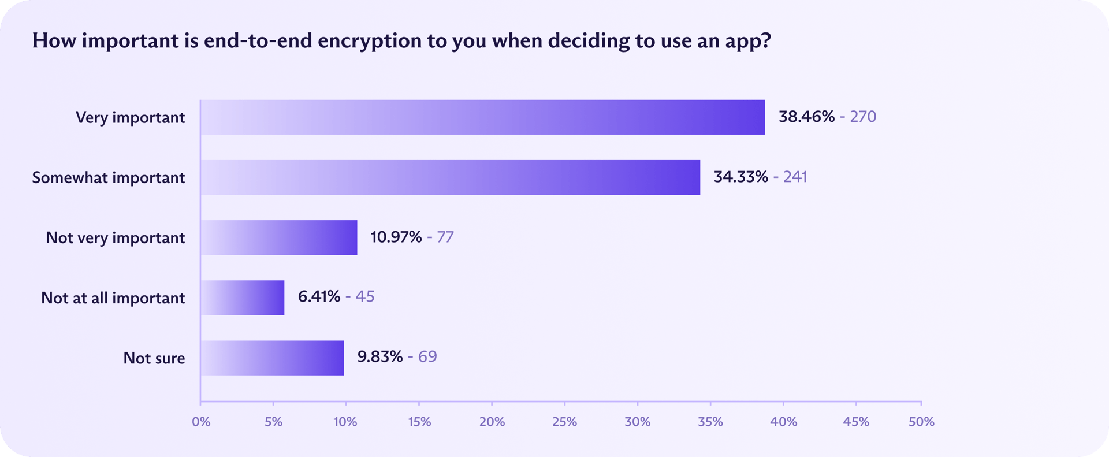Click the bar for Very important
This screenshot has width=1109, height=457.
(x=483, y=117)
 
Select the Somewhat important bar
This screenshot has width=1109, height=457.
(x=451, y=177)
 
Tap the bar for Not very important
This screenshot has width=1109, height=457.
(x=279, y=237)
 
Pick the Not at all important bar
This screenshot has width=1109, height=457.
(x=243, y=298)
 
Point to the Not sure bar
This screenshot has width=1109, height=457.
(x=272, y=358)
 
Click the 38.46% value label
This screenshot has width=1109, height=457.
(x=806, y=117)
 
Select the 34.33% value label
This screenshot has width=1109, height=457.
(x=740, y=177)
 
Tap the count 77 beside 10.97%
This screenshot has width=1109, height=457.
(x=445, y=237)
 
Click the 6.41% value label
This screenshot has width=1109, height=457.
(x=319, y=296)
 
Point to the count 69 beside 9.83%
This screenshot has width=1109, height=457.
(x=427, y=356)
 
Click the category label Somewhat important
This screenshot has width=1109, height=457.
(x=109, y=177)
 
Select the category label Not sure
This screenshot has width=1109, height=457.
(x=154, y=358)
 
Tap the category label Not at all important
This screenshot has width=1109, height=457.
(x=113, y=298)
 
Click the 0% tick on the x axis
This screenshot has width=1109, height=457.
(x=201, y=422)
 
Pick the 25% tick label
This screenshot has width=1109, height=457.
(x=564, y=422)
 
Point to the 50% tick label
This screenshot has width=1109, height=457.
(x=921, y=422)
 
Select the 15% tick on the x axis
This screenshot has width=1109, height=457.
(x=419, y=422)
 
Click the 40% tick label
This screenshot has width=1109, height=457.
(x=783, y=422)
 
